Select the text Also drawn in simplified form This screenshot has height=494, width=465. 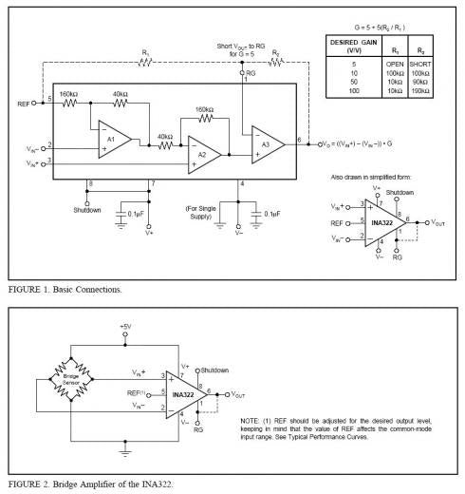point(374,178)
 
